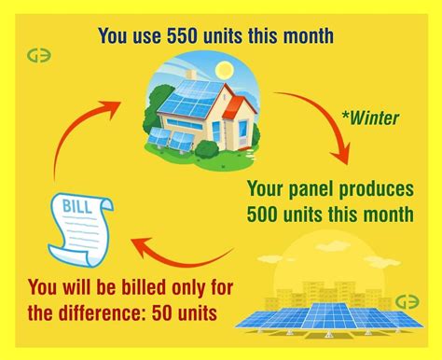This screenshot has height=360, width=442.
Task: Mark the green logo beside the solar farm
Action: pos(407,302)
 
